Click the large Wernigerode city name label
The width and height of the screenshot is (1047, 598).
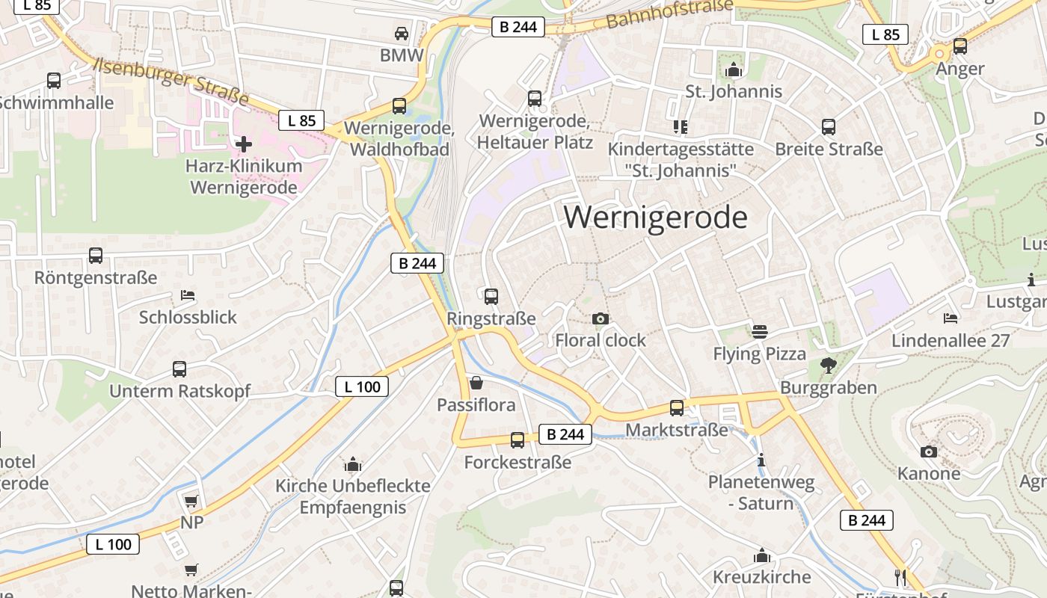(655, 218)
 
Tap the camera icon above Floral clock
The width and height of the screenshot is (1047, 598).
(600, 319)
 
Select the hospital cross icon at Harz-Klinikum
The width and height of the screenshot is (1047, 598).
(244, 144)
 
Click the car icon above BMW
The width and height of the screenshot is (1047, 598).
(402, 34)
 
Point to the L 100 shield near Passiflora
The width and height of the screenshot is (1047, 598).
(362, 386)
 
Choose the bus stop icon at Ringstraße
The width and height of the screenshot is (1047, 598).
(491, 297)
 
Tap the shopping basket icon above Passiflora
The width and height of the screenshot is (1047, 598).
(476, 383)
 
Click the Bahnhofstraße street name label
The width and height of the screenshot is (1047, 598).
(669, 13)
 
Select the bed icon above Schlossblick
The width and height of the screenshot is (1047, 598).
(188, 295)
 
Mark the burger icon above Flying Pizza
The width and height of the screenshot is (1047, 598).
(760, 331)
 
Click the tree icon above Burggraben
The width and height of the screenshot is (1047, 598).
(828, 366)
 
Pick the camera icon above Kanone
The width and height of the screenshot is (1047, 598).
(929, 451)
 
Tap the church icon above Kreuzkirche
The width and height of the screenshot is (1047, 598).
(762, 555)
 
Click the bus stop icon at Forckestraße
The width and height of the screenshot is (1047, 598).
(518, 440)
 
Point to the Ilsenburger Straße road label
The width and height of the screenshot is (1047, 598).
(172, 80)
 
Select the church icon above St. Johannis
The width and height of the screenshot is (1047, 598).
(734, 70)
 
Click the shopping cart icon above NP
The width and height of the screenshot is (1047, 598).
(191, 501)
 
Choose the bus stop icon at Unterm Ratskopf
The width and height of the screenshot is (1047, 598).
(179, 369)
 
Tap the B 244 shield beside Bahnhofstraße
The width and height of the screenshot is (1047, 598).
(518, 27)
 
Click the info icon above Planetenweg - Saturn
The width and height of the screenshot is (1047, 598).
(761, 460)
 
